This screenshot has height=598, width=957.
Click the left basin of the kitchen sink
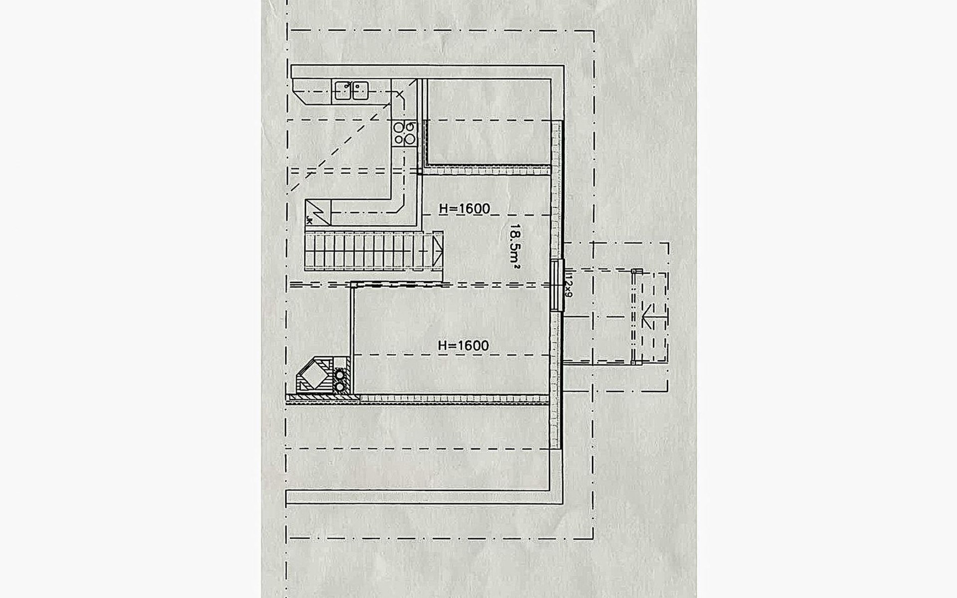pyautogui.click(x=342, y=91)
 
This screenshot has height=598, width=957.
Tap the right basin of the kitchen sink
pyautogui.click(x=359, y=91)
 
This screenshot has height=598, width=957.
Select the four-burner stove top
pyautogui.click(x=404, y=133)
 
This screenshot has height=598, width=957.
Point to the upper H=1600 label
pyautogui.click(x=464, y=209)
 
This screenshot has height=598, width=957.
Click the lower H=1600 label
pyautogui.click(x=463, y=345)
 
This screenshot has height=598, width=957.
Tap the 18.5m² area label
pyautogui.click(x=515, y=247)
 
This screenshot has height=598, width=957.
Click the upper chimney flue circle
pyautogui.click(x=340, y=375)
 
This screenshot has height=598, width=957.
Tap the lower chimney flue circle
pyautogui.click(x=340, y=386)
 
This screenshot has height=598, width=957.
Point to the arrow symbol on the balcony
pyautogui.click(x=647, y=317)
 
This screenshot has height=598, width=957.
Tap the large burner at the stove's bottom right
pyautogui.click(x=410, y=140)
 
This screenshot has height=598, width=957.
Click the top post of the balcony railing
pyautogui.click(x=637, y=272)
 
